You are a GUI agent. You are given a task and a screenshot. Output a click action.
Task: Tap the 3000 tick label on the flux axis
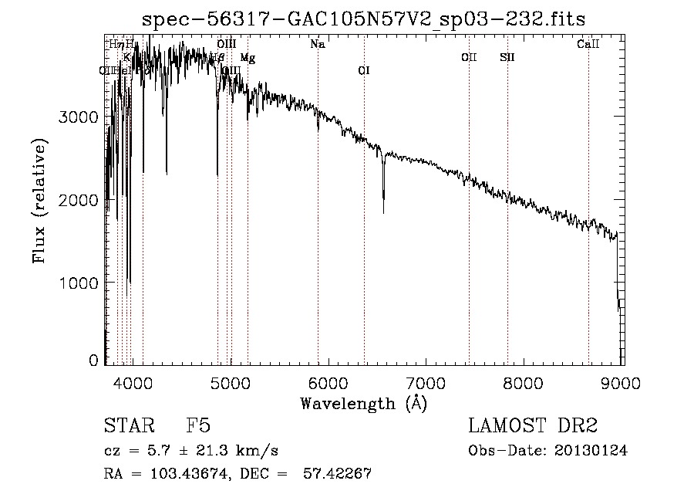[x=78, y=117]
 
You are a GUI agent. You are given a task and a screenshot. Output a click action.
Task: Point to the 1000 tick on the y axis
[x=78, y=283]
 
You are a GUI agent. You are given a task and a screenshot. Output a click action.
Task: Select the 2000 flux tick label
[x=78, y=200]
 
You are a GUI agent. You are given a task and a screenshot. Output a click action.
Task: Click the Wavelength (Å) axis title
[x=362, y=403]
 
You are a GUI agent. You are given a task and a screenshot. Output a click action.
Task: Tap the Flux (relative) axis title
[x=39, y=201]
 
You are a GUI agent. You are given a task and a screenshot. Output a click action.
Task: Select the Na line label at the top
[x=317, y=44]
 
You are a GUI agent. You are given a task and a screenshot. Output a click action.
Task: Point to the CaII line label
[x=588, y=44]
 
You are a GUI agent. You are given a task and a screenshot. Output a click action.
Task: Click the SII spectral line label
[x=507, y=57]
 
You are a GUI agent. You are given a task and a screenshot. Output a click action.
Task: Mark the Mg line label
[x=247, y=58]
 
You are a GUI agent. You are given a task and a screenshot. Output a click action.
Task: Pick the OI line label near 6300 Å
[x=363, y=71]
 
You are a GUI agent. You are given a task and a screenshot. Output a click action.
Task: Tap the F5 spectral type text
[x=198, y=425]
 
